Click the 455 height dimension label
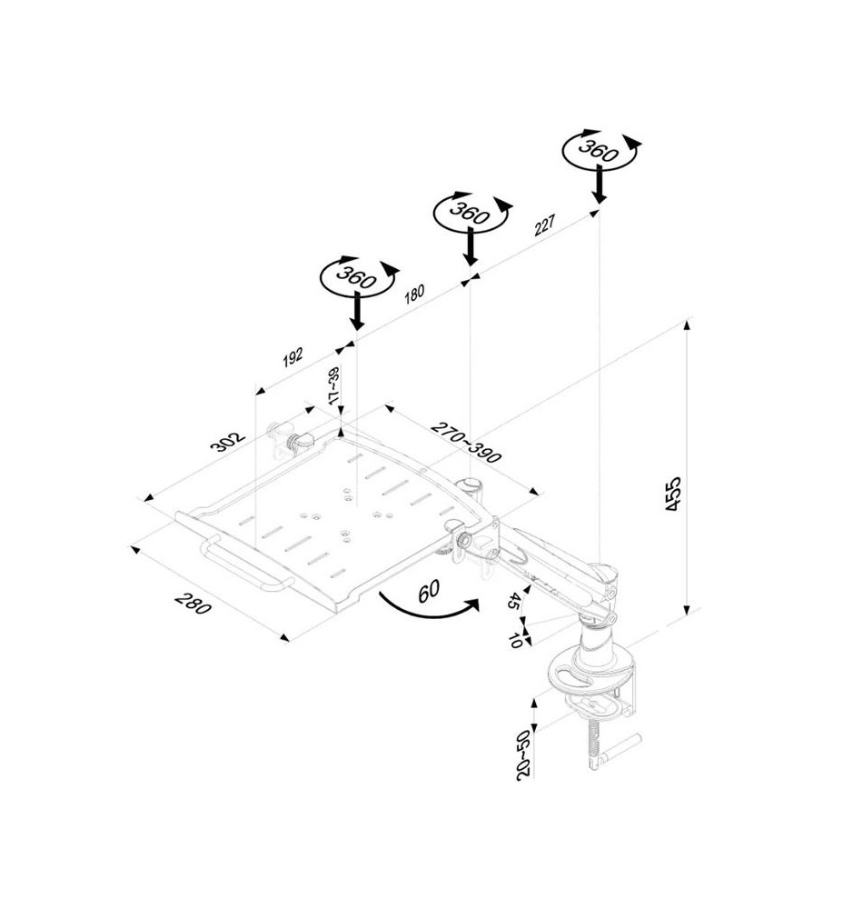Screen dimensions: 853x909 click(673, 494)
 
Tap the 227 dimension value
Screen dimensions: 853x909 click(544, 225)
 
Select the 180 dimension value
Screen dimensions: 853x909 click(414, 294)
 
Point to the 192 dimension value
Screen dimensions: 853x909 click(293, 357)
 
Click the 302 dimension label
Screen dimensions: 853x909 click(228, 442)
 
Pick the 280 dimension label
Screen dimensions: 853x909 click(193, 604)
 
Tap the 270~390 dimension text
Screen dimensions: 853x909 click(465, 443)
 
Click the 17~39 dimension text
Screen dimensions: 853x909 click(333, 385)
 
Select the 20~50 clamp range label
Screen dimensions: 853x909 click(523, 755)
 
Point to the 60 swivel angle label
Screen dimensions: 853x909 click(428, 591)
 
